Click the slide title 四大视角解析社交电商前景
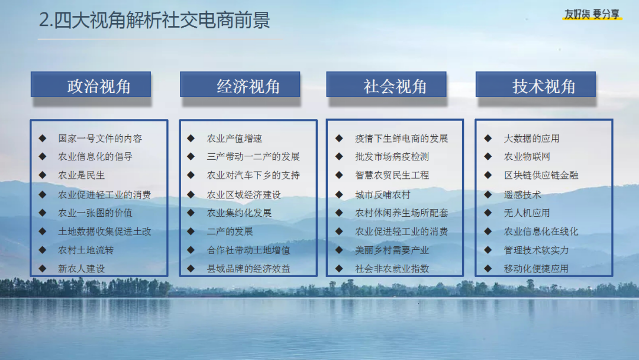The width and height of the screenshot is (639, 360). click(162, 20)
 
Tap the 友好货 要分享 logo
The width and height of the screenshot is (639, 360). click(592, 15)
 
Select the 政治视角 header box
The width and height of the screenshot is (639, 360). click(91, 85)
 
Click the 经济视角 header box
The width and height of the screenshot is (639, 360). click(240, 85)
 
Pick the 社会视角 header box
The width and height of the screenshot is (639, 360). click(386, 85)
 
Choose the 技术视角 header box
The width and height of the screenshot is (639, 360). click(535, 85)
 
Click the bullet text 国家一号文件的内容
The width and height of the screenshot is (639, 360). click(100, 139)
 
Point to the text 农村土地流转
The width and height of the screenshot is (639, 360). click(86, 250)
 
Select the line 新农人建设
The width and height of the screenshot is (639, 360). click(82, 269)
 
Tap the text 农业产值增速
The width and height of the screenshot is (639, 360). click(234, 139)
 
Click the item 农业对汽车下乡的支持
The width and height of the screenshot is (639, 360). click(253, 175)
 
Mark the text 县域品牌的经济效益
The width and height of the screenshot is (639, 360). click(248, 269)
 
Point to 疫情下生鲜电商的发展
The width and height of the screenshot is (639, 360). click(401, 139)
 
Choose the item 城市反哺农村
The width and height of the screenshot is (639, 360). click(383, 195)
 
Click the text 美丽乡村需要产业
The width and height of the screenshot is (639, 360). click(392, 250)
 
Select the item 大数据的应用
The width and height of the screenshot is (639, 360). click(531, 139)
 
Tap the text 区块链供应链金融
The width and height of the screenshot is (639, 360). click(541, 175)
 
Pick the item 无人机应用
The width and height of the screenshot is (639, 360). click(527, 213)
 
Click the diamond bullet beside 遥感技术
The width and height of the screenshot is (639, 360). click(488, 194)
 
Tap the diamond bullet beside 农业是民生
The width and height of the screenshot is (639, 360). click(43, 175)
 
